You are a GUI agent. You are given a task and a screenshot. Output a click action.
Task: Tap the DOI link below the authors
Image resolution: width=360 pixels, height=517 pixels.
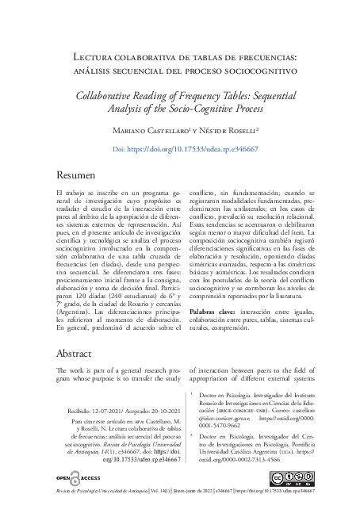(x=180, y=149)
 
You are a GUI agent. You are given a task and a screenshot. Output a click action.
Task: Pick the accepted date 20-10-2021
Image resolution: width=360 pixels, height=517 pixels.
(x=157, y=412)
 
